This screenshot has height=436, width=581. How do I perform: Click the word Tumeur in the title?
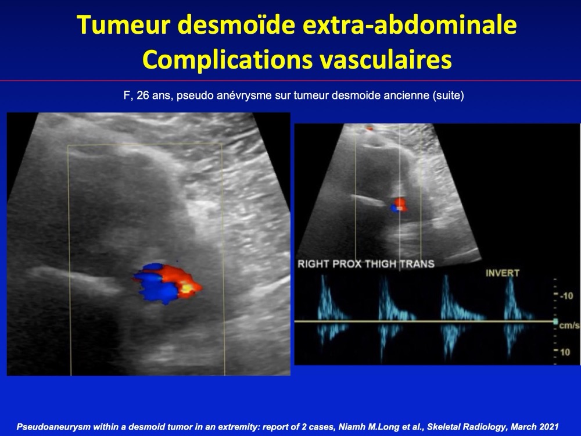(x=123, y=25)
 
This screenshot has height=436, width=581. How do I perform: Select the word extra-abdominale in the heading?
(x=410, y=25)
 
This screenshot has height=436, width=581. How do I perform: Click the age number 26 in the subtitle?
(x=143, y=96)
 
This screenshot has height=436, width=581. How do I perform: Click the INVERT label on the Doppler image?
(x=503, y=273)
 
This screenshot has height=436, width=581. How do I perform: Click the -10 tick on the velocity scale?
(x=566, y=296)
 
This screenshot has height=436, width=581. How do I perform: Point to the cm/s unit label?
(x=569, y=326)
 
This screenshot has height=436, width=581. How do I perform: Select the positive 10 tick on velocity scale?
(x=565, y=352)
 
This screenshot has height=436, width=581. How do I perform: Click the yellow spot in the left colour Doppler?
(x=188, y=288)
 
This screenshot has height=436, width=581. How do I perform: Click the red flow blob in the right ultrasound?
(x=400, y=204)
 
